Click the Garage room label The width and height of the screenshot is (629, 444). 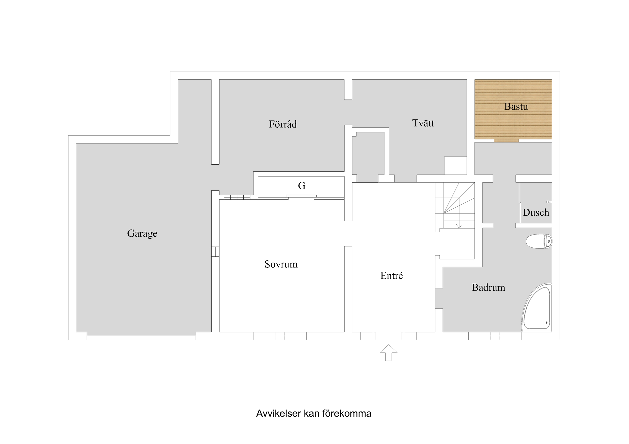pyautogui.click(x=142, y=233)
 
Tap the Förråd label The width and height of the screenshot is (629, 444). pyautogui.click(x=283, y=124)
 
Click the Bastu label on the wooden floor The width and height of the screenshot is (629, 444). pyautogui.click(x=516, y=107)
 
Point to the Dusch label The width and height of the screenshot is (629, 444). pyautogui.click(x=536, y=213)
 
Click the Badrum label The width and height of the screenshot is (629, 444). pyautogui.click(x=488, y=287)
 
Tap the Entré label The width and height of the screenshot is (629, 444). pyautogui.click(x=391, y=276)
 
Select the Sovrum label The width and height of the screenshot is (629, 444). pyautogui.click(x=281, y=264)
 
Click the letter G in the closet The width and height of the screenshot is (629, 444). pyautogui.click(x=301, y=186)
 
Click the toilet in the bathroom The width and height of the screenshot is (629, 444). pyautogui.click(x=539, y=241)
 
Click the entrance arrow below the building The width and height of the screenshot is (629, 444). pyautogui.click(x=388, y=353)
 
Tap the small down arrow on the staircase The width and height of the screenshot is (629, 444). pyautogui.click(x=459, y=226)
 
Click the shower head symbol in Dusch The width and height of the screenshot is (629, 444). pyautogui.click(x=549, y=202)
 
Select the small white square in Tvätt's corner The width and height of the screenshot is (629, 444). pyautogui.click(x=455, y=166)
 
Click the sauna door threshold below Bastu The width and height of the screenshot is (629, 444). pyautogui.click(x=506, y=141)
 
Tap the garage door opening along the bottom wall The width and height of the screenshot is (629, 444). pyautogui.click(x=141, y=338)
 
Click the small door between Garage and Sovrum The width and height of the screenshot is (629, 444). pyautogui.click(x=215, y=252)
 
